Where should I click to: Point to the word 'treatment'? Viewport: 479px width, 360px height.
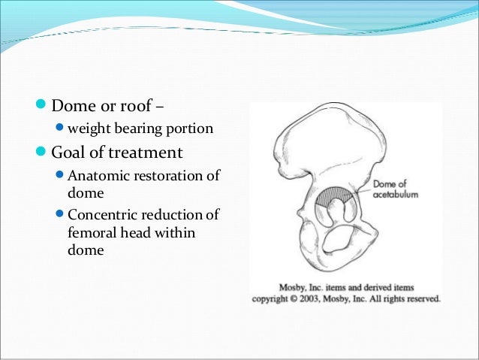pyautogui.click(x=147, y=153)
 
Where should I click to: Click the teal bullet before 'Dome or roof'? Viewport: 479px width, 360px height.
pyautogui.click(x=42, y=104)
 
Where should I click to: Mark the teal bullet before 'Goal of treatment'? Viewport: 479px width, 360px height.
pyautogui.click(x=42, y=153)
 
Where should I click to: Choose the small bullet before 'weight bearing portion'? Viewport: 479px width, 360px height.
pyautogui.click(x=61, y=129)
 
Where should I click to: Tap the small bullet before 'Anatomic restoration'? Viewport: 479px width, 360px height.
pyautogui.click(x=61, y=177)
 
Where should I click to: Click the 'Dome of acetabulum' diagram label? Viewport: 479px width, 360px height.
pyautogui.click(x=395, y=189)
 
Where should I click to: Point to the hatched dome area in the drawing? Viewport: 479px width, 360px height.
pyautogui.click(x=336, y=196)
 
